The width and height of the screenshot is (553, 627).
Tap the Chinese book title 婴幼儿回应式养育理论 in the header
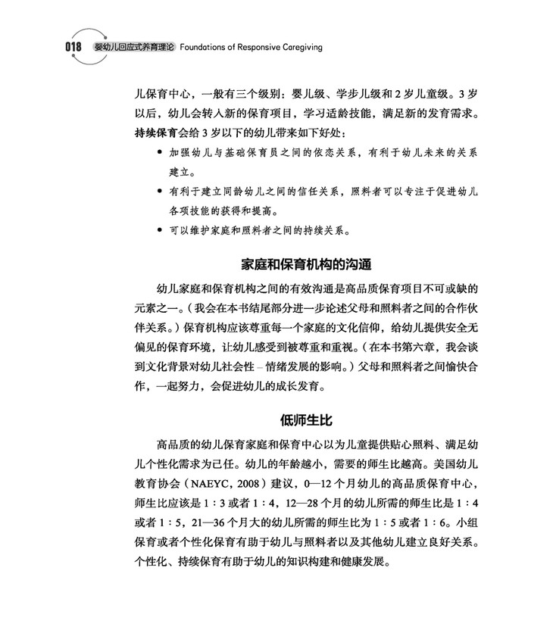pos(133,46)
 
